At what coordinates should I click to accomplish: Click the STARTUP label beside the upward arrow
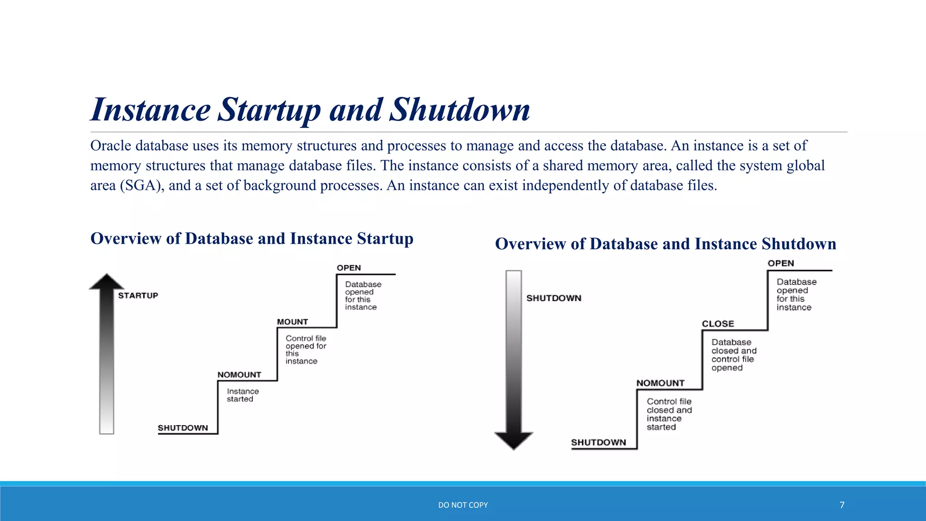(138, 295)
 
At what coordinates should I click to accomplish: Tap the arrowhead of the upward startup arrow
(106, 282)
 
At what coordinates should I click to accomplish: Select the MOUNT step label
(292, 322)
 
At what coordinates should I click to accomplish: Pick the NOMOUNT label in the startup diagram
(239, 374)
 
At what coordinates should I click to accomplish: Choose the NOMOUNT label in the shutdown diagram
(660, 383)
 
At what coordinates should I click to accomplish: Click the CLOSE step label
(718, 324)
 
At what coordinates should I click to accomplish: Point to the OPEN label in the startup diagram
(349, 268)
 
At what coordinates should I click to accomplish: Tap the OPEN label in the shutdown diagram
(780, 263)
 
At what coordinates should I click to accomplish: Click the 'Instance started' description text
(242, 395)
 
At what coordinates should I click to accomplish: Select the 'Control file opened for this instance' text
(306, 350)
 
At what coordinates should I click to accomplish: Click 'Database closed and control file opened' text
(733, 355)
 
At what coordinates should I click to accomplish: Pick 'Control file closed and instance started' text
(669, 414)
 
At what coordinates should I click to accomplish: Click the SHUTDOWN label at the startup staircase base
(183, 428)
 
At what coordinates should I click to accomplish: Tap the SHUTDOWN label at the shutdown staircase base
(598, 442)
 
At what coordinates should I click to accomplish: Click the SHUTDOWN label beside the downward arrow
(553, 298)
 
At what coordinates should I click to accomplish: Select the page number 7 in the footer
(842, 505)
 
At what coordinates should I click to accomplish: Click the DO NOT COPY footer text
(463, 505)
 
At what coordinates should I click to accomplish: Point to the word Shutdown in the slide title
(459, 109)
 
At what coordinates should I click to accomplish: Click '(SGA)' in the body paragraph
(142, 185)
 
